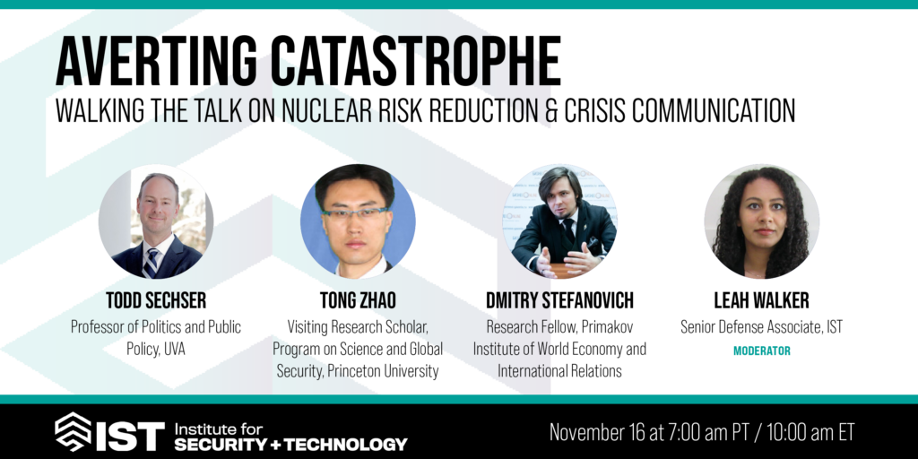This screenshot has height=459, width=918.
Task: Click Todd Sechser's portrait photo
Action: [x=156, y=221]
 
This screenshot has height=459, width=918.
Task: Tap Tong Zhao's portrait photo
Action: [x=358, y=221]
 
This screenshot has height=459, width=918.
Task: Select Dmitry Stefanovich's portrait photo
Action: [x=559, y=221]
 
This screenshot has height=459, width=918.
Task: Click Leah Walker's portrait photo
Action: [x=762, y=221]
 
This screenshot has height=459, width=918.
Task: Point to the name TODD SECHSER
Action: [x=156, y=301]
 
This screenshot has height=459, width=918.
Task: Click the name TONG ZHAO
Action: [x=358, y=301]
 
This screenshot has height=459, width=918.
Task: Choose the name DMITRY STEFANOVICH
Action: [x=559, y=301]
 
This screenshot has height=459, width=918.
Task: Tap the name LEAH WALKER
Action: [x=762, y=301]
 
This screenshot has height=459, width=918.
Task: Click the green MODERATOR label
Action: [x=762, y=351]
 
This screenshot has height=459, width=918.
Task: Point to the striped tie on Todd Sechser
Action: [x=152, y=263]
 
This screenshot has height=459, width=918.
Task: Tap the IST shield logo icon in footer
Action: [x=73, y=431]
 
